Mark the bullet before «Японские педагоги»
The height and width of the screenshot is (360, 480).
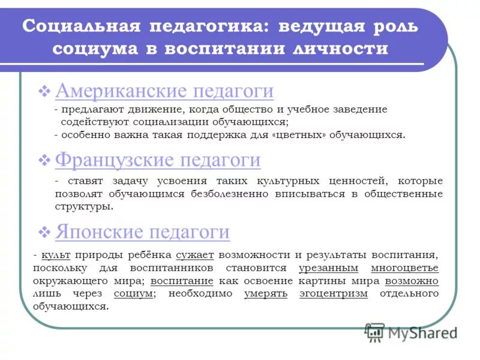coord(44,232)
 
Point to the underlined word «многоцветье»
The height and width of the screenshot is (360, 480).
coord(404,268)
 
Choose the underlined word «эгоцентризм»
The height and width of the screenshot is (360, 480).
coord(334,293)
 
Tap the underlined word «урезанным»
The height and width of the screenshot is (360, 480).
coord(328,268)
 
